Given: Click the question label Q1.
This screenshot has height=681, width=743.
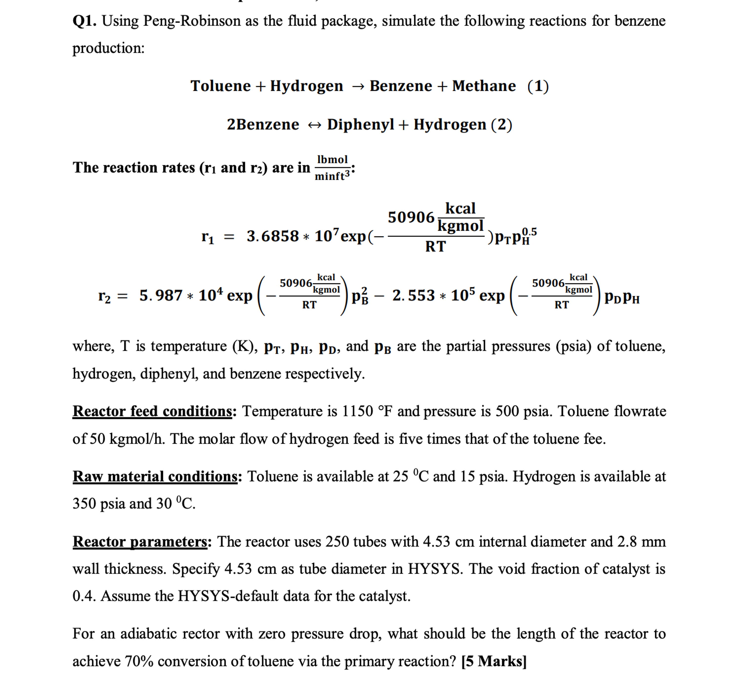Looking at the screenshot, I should (84, 21).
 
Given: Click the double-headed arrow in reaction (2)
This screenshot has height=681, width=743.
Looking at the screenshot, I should (314, 125).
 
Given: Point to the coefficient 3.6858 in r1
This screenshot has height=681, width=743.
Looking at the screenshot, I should (272, 236).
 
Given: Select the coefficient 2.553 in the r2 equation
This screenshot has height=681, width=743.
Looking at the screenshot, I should (413, 296).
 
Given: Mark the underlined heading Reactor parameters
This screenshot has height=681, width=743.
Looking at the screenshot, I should (140, 542).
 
